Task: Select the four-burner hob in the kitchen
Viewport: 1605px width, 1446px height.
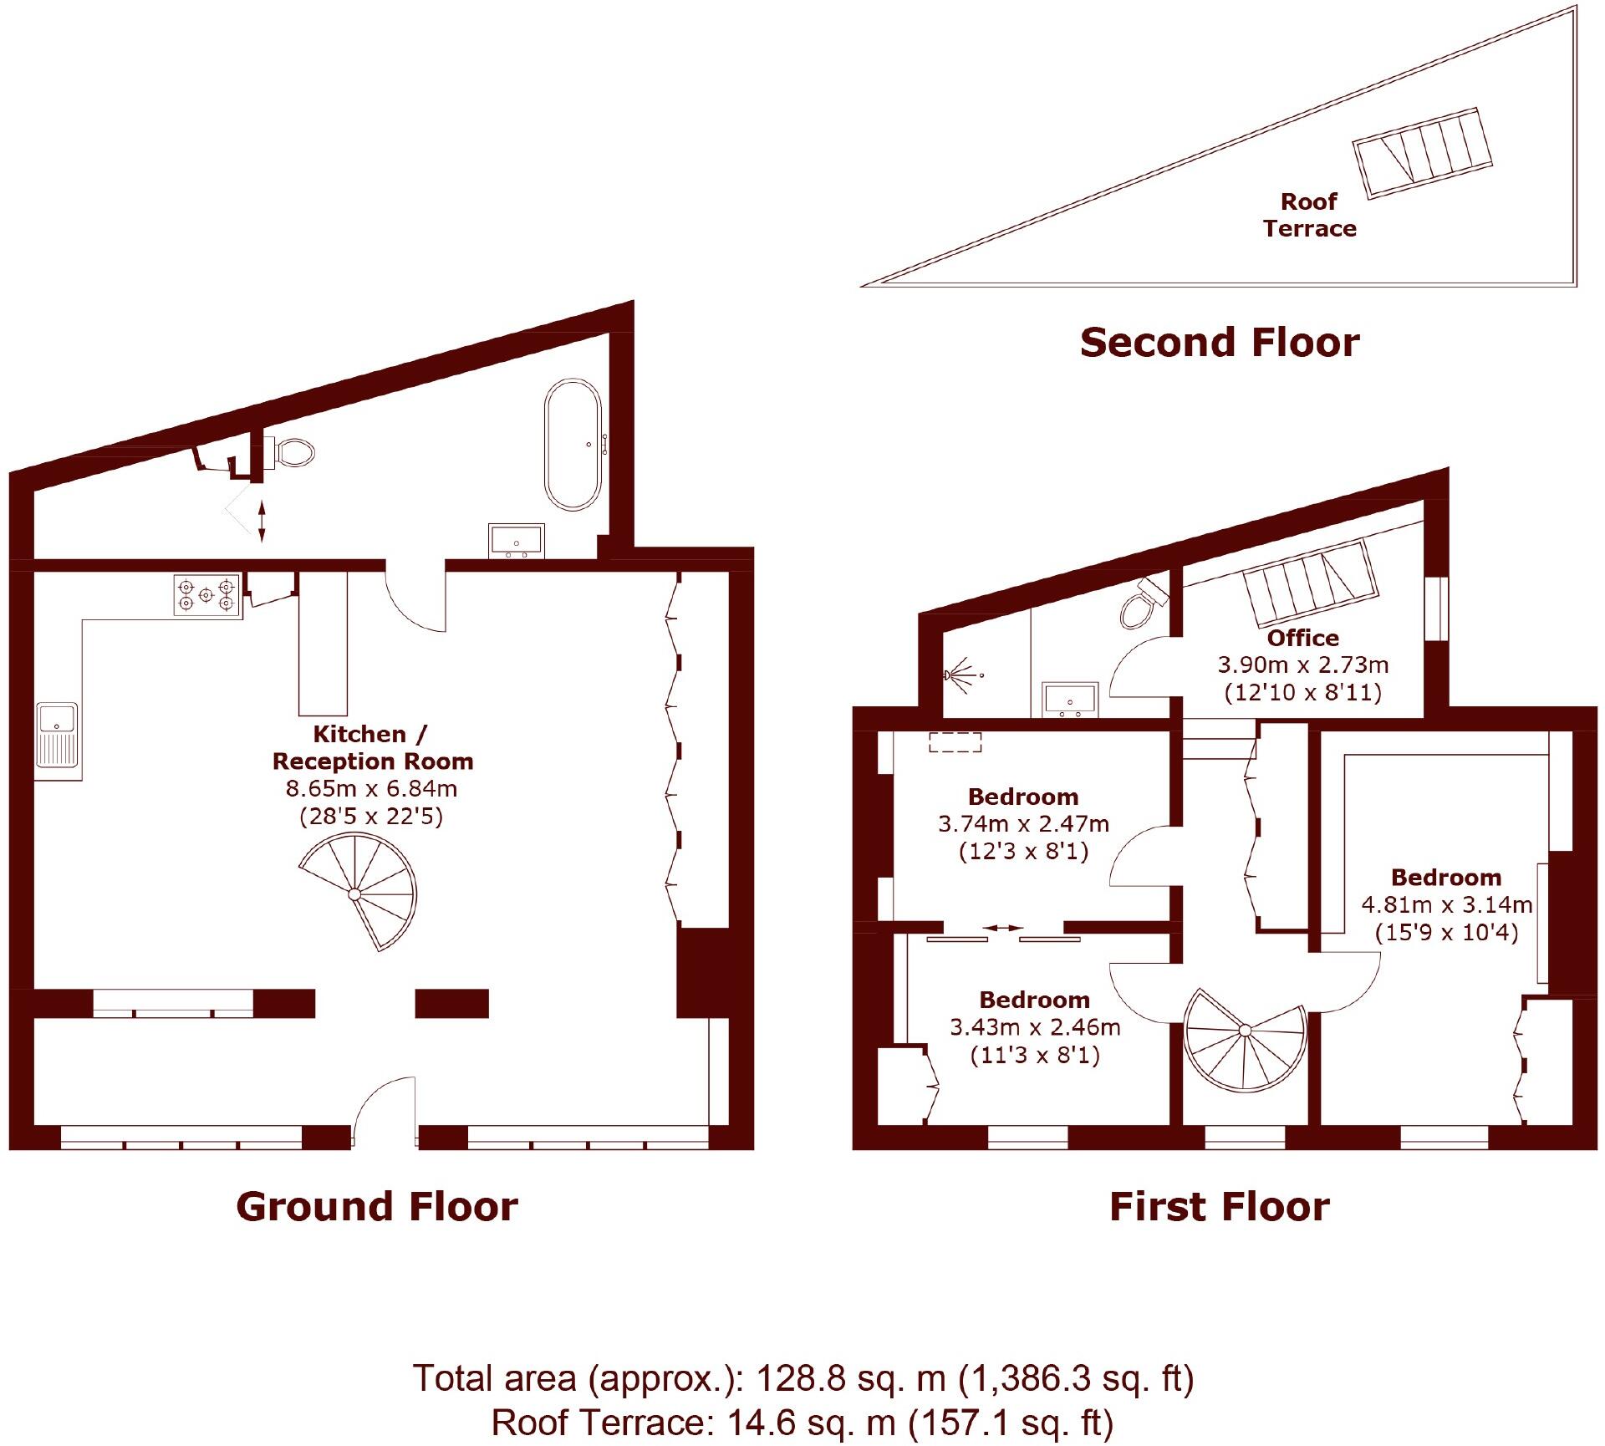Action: pos(206,594)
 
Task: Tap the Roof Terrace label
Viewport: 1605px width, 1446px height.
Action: pos(1309,215)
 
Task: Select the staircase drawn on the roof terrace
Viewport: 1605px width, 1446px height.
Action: pos(1423,153)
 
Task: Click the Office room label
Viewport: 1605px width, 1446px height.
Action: pos(1302,638)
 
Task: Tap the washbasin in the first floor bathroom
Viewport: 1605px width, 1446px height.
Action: pos(1069,700)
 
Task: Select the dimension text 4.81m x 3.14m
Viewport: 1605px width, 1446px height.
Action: pos(1446,904)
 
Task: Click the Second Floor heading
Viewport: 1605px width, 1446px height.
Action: pos(1220,343)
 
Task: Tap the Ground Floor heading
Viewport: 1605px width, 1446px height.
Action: pos(377,1207)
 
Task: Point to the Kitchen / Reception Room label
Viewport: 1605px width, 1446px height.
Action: pos(372,747)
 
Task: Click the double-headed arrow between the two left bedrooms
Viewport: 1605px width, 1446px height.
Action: pos(1002,928)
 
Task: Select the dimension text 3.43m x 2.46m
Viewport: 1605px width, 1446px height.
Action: pos(1035,1026)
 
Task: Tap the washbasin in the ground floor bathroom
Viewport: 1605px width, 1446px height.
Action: pos(516,541)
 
